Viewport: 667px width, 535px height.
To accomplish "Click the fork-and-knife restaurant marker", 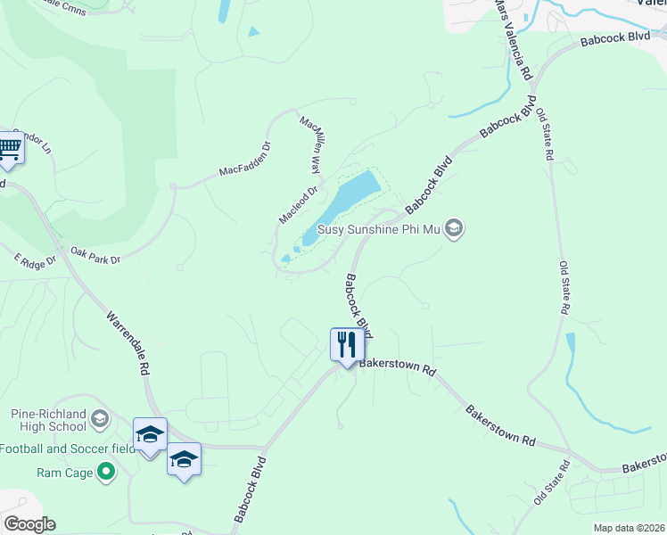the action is pos(347,344).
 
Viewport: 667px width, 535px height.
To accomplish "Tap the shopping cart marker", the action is pos(8,148).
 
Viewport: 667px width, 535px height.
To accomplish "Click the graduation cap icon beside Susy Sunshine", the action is pos(454,230).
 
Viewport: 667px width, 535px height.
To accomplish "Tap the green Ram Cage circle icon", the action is pos(106,472).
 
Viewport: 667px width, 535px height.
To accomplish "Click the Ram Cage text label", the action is pos(65,473).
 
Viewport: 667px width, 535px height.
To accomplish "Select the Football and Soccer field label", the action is pos(68,449).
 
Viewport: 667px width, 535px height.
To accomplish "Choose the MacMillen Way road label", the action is pos(309,144).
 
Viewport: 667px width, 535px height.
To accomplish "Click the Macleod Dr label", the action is pos(298,205).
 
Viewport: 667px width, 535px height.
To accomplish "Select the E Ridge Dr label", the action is pos(35,260).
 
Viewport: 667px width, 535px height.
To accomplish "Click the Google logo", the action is pos(29,524).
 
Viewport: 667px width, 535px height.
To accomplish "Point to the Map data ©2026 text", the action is pos(628,528).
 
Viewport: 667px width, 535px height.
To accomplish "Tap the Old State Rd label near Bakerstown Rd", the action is pos(552,483).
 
